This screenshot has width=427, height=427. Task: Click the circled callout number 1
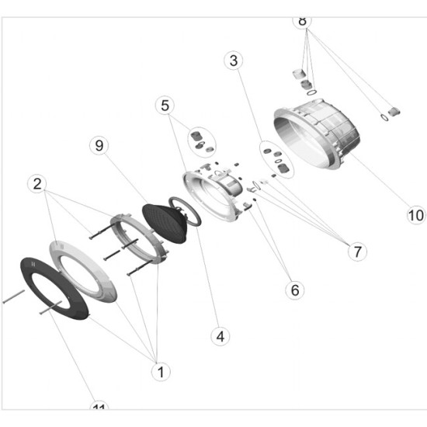[x=160, y=372]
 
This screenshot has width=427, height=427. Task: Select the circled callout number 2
[x=36, y=184]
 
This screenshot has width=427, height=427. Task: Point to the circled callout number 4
[x=220, y=336]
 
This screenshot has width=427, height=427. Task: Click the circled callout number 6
[x=293, y=290]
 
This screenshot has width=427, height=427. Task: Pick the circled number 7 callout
[x=356, y=251]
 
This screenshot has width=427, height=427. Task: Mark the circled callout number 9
[x=98, y=145]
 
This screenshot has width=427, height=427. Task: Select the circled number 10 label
[x=416, y=213]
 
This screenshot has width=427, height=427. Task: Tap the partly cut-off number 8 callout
[x=303, y=20]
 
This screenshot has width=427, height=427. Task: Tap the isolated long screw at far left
[x=13, y=296]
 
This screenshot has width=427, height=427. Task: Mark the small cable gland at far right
[x=394, y=111]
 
